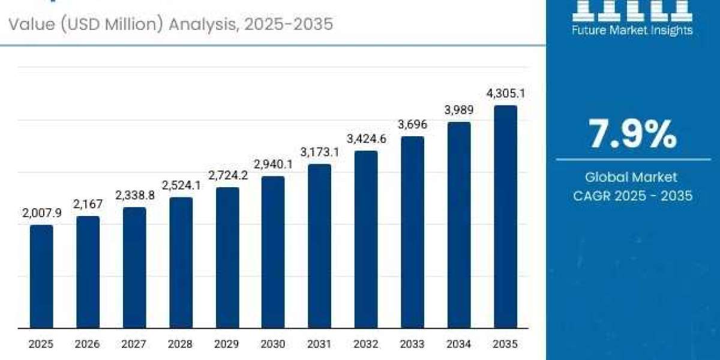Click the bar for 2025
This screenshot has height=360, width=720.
[x=41, y=277]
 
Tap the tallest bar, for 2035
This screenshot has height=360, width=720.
[x=505, y=217]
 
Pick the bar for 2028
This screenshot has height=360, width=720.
[x=181, y=263]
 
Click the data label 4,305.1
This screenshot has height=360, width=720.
[x=505, y=94]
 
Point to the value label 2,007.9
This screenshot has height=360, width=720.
[x=41, y=213]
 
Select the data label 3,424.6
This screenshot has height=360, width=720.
[x=366, y=139]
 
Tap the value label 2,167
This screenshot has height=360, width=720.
[x=88, y=204]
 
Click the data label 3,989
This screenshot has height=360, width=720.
[x=459, y=110]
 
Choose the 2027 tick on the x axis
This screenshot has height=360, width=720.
[x=134, y=344]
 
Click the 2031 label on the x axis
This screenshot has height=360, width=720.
[x=320, y=344]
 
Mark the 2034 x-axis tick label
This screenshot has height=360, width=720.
[x=459, y=344]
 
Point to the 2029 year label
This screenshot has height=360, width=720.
[x=227, y=344]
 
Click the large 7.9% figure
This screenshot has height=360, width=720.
[x=632, y=134]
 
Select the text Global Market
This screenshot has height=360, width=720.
[x=632, y=177]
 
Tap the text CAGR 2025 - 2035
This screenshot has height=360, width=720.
[x=632, y=196]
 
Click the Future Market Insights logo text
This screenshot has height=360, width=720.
[x=632, y=29]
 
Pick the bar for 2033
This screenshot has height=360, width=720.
[x=413, y=232]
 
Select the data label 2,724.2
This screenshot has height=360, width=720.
[x=227, y=175]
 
